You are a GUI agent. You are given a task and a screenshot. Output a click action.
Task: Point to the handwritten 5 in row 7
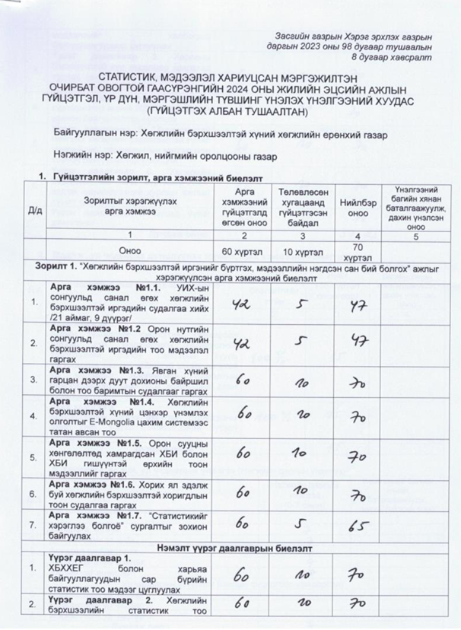tap(300, 525)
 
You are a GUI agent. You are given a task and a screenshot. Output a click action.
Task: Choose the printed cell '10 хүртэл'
tap(299, 250)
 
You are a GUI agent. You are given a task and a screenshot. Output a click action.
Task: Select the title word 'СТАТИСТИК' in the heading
tap(126, 77)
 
